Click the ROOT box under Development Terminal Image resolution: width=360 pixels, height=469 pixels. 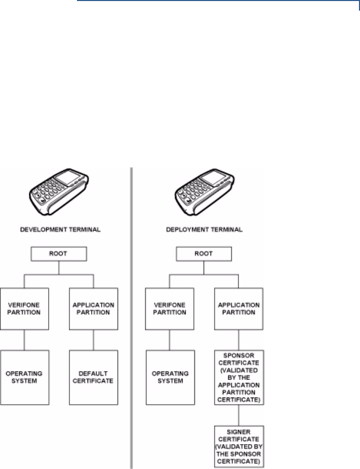tap(60, 254)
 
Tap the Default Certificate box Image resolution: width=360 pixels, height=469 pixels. tap(93, 377)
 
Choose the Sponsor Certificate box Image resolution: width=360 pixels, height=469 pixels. tap(239, 377)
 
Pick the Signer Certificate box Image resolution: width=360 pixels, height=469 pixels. tap(239, 446)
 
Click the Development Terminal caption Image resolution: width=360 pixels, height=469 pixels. tap(60, 229)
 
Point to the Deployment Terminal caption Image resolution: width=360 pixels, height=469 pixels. tap(205, 229)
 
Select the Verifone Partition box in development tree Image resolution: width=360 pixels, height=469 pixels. tap(24, 309)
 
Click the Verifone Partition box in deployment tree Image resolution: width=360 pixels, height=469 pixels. tap(170, 309)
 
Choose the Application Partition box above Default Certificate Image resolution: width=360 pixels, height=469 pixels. tap(93, 309)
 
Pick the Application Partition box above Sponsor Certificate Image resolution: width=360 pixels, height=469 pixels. tap(239, 309)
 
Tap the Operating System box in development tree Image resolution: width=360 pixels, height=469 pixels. tap(24, 377)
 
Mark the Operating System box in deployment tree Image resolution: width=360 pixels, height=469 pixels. tap(170, 377)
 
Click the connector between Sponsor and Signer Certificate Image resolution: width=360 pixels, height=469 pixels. tap(239, 415)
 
